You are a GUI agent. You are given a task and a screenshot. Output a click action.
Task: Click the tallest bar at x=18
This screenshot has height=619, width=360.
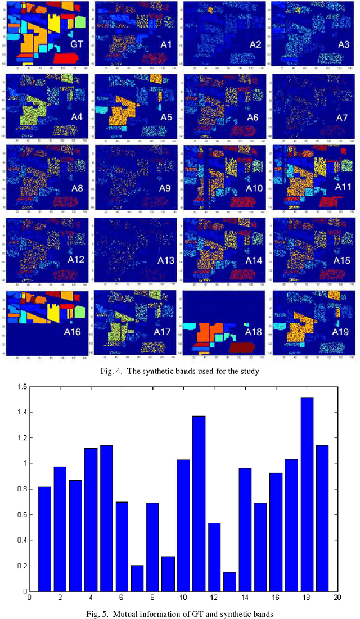click(x=307, y=495)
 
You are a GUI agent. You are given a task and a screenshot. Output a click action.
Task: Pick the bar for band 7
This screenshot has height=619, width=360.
click(x=137, y=578)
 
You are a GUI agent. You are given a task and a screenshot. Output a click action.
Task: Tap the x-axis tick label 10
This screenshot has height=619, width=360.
click(x=183, y=599)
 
